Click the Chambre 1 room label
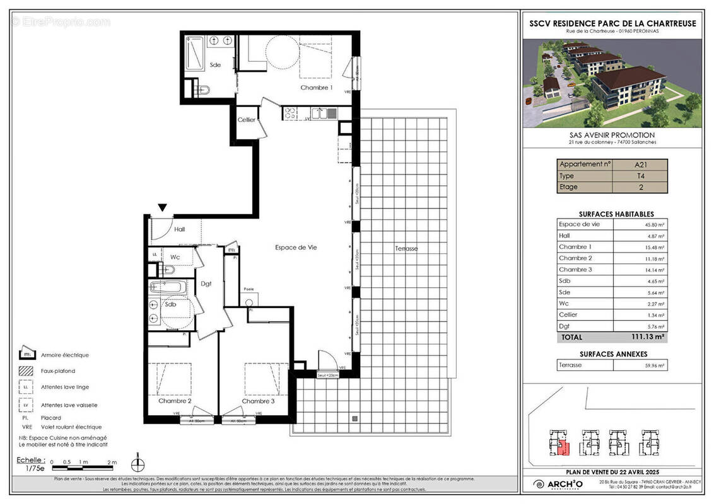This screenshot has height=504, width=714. [x=316, y=88]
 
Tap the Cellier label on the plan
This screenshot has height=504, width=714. [x=247, y=120]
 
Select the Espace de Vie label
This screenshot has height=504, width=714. [x=296, y=248]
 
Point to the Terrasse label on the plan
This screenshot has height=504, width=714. [x=406, y=248]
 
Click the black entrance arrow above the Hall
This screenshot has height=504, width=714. [x=162, y=207]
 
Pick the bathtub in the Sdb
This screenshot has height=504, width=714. [x=167, y=288]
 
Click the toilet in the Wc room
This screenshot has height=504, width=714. [x=167, y=270]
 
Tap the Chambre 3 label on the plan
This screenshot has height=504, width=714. [x=258, y=401]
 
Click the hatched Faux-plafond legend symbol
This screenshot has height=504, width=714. [x=26, y=370]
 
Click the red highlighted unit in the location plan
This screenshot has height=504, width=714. [x=565, y=449]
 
